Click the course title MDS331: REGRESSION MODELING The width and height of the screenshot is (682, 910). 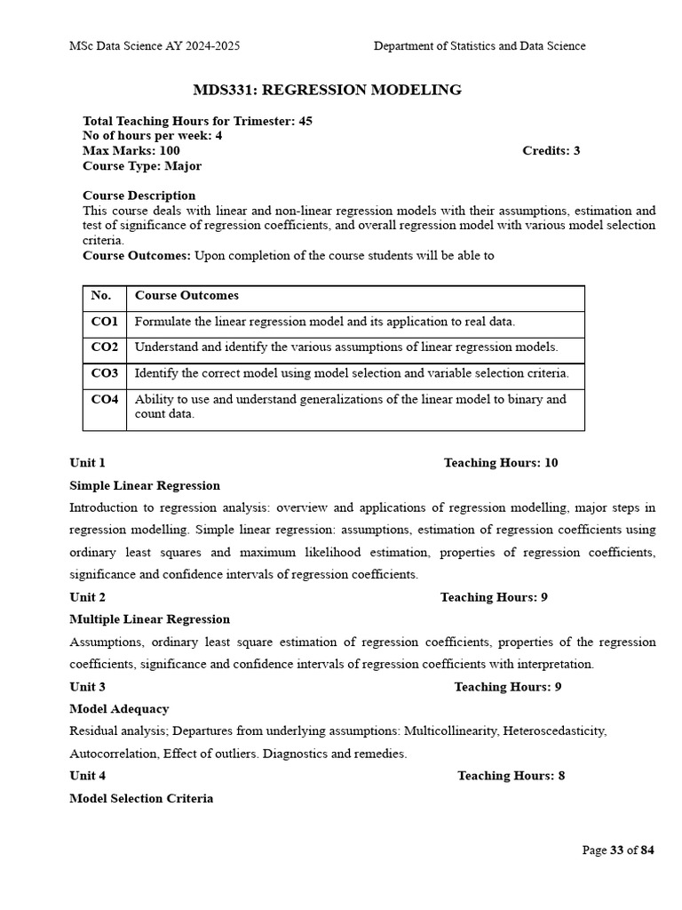click(327, 90)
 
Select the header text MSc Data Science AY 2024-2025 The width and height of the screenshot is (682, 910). click(155, 46)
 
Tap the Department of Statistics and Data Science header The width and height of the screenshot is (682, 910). click(480, 46)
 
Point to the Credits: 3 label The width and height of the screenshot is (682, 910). click(551, 151)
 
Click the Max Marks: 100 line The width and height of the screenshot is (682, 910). click(131, 151)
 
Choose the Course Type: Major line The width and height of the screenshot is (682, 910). click(142, 166)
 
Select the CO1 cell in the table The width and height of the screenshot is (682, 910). click(105, 322)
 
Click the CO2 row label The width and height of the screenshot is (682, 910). click(105, 347)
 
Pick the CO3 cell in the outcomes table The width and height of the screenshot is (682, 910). click(105, 374)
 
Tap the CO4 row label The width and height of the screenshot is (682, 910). click(105, 400)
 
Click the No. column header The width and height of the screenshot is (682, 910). click(102, 296)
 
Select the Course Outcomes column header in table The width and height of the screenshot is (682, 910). click(186, 296)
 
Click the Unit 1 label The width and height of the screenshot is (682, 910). click(88, 463)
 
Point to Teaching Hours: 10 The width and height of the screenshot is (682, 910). click(501, 463)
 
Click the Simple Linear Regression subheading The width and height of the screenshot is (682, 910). click(145, 486)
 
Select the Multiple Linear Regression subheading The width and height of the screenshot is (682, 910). click(149, 619)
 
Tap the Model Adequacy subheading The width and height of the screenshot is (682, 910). click(119, 709)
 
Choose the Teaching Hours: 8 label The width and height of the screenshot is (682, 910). click(511, 776)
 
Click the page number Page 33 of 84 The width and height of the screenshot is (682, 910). click(618, 850)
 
